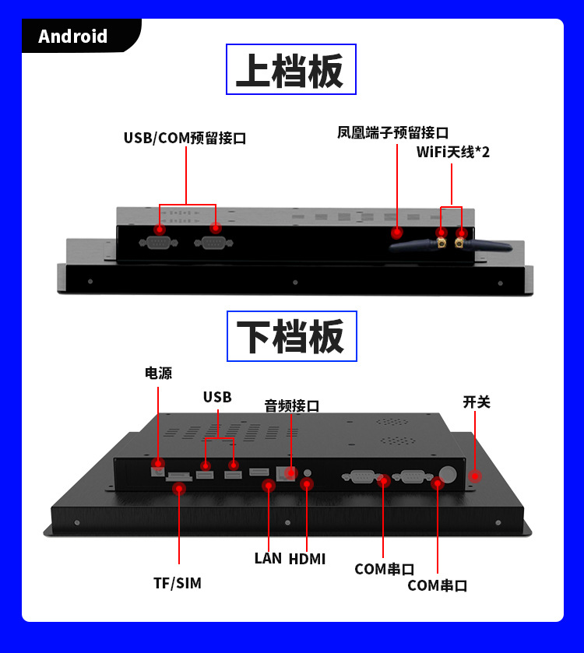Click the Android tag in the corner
click(x=73, y=37)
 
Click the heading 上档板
click(x=290, y=70)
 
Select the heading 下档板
click(x=290, y=336)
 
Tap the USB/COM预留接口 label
click(x=185, y=139)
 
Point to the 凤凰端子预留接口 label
click(x=392, y=133)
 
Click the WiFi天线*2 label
click(x=452, y=152)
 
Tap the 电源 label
click(x=158, y=373)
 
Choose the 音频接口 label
click(x=291, y=405)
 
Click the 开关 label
click(x=477, y=402)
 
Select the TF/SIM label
click(x=178, y=583)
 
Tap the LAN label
click(x=267, y=558)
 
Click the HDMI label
click(x=307, y=559)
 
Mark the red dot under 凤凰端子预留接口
click(x=397, y=231)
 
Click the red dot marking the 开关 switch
click(x=474, y=475)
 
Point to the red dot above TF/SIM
click(x=179, y=489)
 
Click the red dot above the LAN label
click(x=269, y=486)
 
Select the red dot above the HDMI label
click(x=307, y=484)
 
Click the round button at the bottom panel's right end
click(x=449, y=472)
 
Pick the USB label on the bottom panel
click(x=217, y=397)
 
